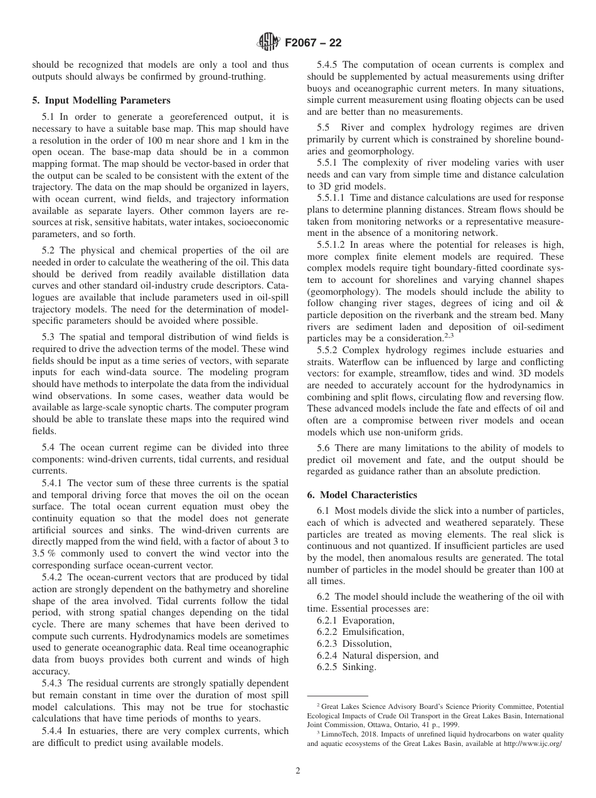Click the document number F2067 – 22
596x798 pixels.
[x=313, y=43]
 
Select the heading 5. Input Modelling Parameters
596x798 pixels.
[x=101, y=100]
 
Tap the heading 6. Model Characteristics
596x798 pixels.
[x=361, y=494]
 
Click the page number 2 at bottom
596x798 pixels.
[x=298, y=771]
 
